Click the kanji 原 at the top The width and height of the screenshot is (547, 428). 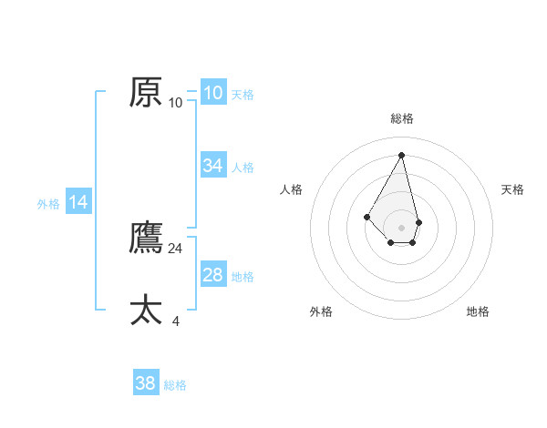[146, 93]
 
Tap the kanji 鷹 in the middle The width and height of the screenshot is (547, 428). [146, 239]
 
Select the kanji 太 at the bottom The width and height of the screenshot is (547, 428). [146, 311]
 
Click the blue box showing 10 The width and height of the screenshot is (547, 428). [212, 93]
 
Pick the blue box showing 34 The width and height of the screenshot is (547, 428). [213, 165]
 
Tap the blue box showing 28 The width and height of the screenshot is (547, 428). [213, 275]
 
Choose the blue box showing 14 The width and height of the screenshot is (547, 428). [78, 202]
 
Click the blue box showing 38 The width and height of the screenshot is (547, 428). [146, 383]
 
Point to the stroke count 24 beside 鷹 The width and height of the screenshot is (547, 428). [176, 249]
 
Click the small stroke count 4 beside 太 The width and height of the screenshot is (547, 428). [176, 321]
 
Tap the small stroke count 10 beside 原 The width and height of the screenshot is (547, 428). [176, 103]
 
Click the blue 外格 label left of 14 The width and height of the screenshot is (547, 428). [48, 204]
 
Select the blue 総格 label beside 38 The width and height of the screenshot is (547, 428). [175, 385]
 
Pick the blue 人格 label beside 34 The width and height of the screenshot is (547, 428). [243, 168]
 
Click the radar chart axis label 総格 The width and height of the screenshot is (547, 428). [402, 118]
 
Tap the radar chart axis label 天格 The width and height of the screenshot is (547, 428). [512, 189]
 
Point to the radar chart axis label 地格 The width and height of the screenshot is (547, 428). [478, 311]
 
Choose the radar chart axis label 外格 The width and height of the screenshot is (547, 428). [321, 311]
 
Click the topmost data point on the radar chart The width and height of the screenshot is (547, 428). [401, 155]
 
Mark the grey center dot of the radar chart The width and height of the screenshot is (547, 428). [402, 227]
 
